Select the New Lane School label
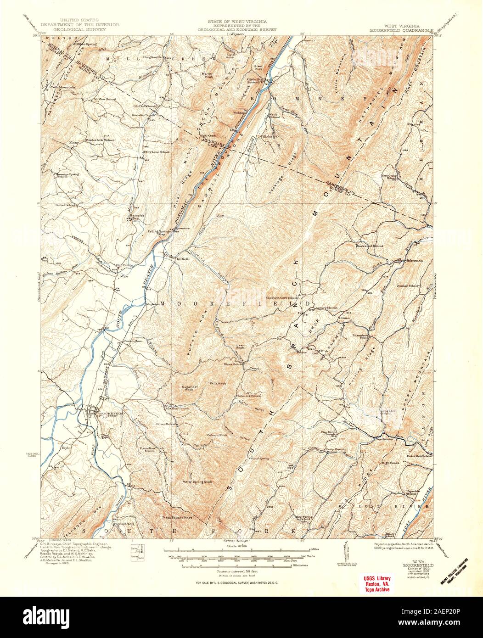point(158,152)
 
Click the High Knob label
point(208,135)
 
